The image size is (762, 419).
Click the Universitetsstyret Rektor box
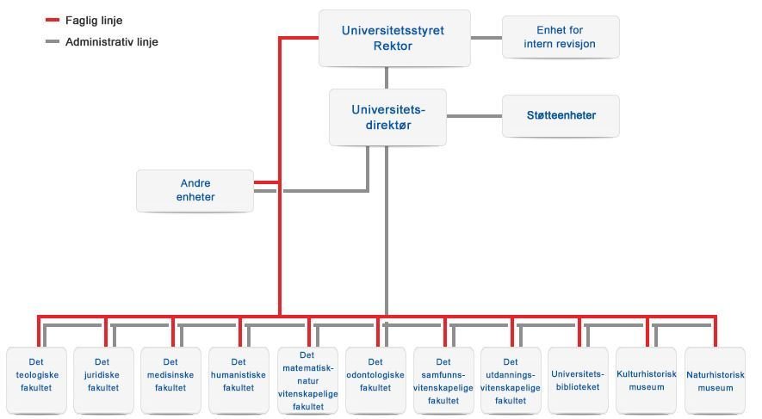(394, 38)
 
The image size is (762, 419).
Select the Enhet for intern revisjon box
(560, 37)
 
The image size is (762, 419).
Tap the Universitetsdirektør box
(388, 117)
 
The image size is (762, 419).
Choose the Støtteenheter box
(561, 115)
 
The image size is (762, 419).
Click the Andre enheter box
(195, 190)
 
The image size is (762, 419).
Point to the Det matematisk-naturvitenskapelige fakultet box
(307, 379)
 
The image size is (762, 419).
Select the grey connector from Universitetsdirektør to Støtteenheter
(474, 115)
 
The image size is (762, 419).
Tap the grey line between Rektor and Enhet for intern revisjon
(486, 37)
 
